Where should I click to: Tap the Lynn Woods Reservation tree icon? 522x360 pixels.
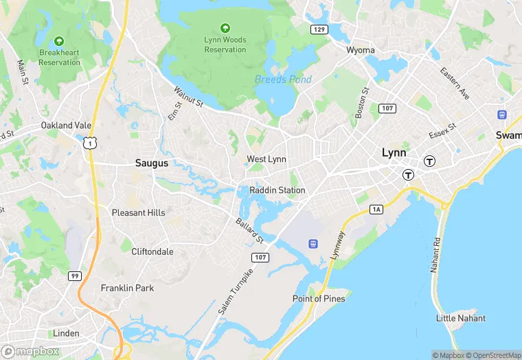[x=225, y=28]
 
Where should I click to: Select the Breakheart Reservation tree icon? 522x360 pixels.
[x=59, y=41]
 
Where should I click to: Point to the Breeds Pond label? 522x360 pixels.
[x=283, y=80]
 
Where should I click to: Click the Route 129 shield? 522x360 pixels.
[x=318, y=30]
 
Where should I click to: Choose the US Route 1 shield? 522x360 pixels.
[x=89, y=142]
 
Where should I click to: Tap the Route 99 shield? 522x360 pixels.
[x=74, y=275]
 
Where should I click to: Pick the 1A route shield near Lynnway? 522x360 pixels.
[x=376, y=209]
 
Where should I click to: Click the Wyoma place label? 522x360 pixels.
[x=361, y=50]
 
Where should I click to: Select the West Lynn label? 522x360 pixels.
[x=266, y=159]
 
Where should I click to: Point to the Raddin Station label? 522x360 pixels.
[x=277, y=190]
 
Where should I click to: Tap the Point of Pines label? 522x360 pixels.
[x=319, y=299]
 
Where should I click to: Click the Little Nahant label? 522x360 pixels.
[x=461, y=318]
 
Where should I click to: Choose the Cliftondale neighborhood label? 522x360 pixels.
[x=152, y=252]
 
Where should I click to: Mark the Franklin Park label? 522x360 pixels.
[x=127, y=289]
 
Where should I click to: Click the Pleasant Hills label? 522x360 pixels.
[x=139, y=213]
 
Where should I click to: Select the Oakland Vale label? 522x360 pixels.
[x=66, y=126]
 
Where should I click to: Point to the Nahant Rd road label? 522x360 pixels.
[x=435, y=255]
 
